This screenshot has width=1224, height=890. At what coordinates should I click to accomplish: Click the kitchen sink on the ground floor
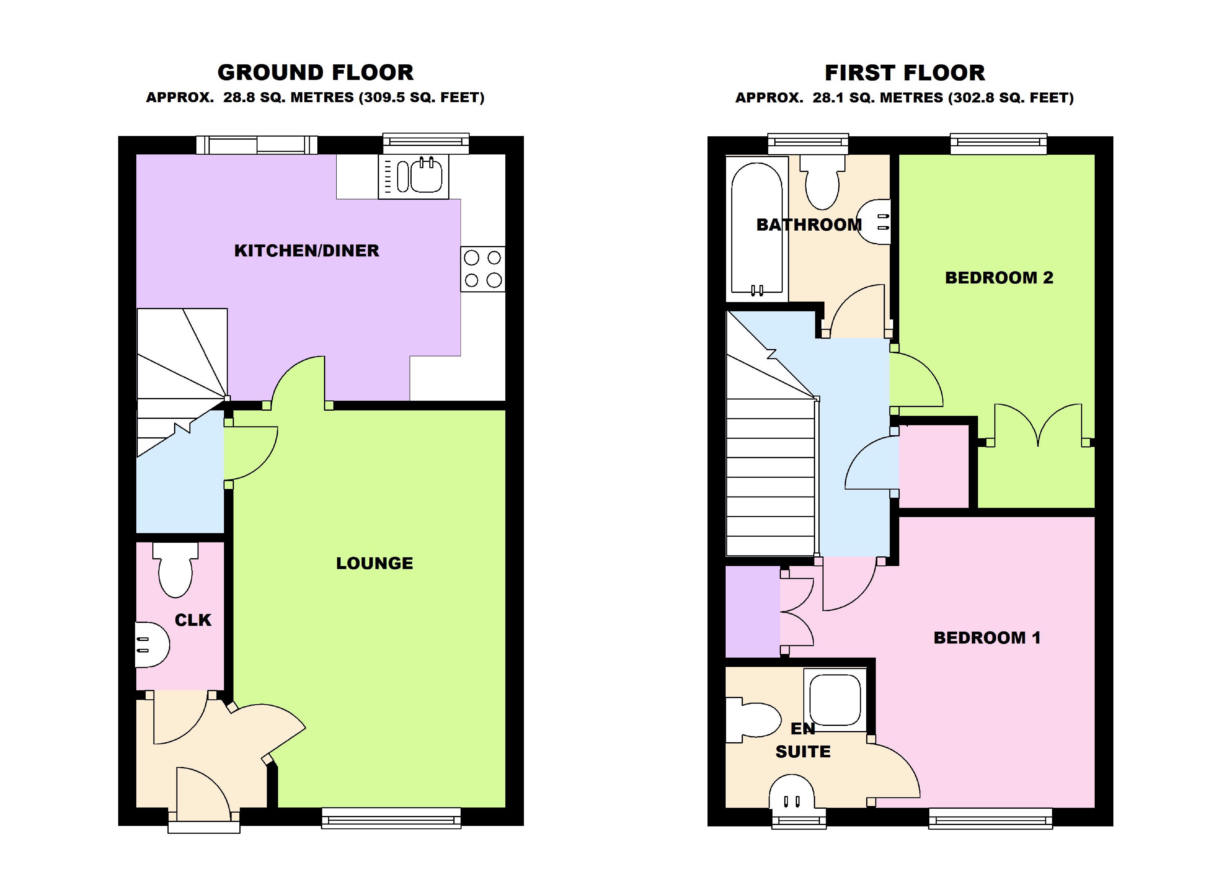(x=413, y=176)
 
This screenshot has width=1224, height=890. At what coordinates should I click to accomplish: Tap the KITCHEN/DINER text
(x=306, y=251)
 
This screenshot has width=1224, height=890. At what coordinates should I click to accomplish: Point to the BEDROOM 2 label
(x=999, y=277)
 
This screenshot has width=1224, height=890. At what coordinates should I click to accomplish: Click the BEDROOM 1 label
(x=987, y=637)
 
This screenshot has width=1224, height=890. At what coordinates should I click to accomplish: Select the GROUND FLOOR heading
(x=316, y=72)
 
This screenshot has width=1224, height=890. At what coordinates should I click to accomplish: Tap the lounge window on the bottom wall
(x=391, y=818)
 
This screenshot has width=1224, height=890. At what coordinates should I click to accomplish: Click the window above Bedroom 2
(x=999, y=144)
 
